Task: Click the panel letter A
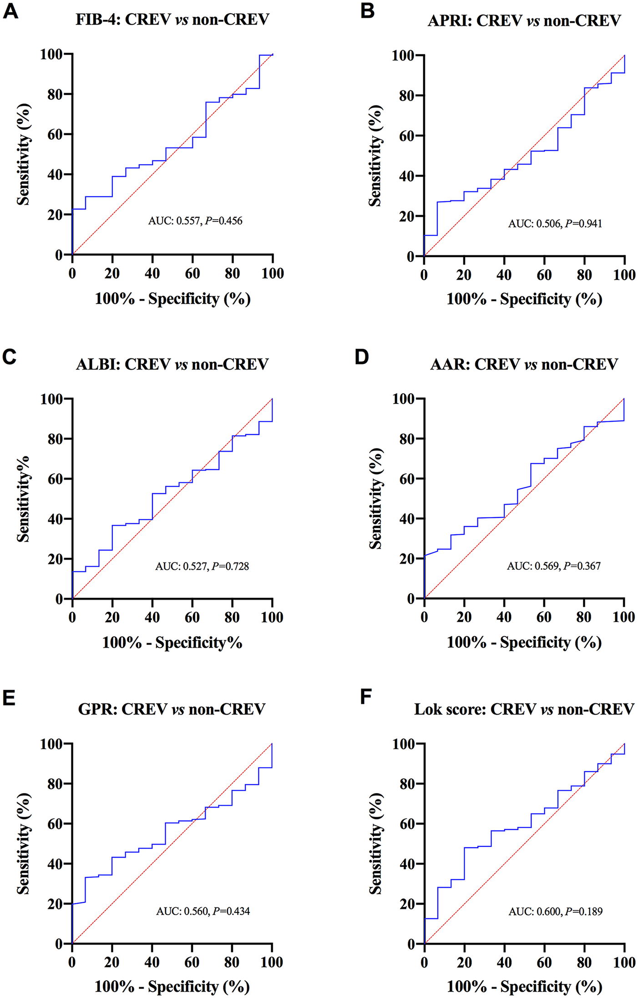(10, 11)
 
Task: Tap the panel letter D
(362, 357)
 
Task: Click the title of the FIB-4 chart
(172, 20)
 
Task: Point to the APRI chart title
(524, 20)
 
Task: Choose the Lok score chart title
(524, 709)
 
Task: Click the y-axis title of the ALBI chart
(23, 498)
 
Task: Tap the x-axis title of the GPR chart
(172, 987)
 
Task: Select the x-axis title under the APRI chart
(524, 299)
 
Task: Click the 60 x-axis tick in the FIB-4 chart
(192, 273)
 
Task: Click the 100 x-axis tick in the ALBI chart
(272, 618)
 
